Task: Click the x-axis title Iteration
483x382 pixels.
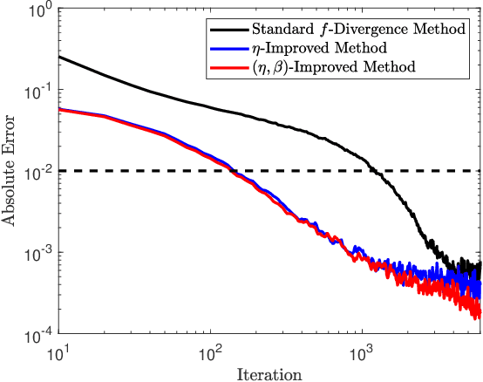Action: tap(269, 374)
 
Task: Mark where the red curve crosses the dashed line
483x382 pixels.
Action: tap(231, 171)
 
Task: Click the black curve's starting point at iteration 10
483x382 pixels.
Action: tap(59, 58)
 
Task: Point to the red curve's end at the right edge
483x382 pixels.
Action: tap(480, 312)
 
